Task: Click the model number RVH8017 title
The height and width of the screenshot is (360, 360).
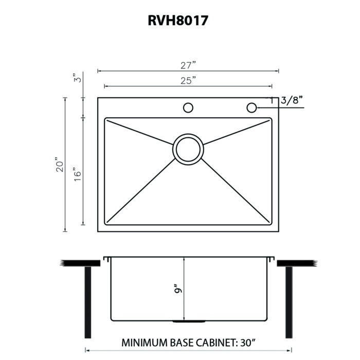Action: (178, 21)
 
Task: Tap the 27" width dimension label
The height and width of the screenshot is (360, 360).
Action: (188, 65)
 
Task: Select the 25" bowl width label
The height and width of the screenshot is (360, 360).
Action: (188, 81)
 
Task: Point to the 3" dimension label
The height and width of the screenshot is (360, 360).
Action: (78, 78)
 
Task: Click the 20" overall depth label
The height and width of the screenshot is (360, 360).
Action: (59, 165)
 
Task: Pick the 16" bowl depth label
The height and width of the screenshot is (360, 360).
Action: (78, 174)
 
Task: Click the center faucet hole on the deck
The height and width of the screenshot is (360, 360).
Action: (188, 107)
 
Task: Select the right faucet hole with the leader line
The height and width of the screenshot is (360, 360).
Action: (251, 107)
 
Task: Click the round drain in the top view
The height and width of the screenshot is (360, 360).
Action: (188, 149)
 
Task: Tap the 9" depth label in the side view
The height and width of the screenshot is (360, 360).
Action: (178, 289)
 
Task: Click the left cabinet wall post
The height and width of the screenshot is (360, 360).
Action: (88, 302)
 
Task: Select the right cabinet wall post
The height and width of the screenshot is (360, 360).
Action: (289, 302)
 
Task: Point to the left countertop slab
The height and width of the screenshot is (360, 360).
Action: (80, 263)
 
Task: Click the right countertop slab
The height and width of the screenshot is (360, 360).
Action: (297, 263)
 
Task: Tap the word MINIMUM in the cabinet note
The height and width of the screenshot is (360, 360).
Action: (145, 343)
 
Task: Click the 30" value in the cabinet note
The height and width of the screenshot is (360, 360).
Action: (247, 343)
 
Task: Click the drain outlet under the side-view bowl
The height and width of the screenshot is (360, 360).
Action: (189, 321)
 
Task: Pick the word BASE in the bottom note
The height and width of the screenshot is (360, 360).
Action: (182, 343)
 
